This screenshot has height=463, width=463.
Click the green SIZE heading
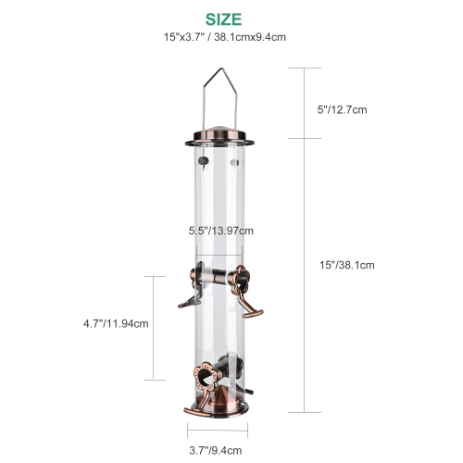(x=219, y=18)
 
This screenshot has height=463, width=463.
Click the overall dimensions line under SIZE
(x=219, y=37)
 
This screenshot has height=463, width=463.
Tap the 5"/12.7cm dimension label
(x=343, y=109)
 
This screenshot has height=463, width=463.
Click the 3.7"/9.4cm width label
(x=218, y=451)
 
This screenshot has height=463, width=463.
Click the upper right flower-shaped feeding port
(x=244, y=275)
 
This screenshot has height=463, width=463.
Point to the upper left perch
(x=187, y=296)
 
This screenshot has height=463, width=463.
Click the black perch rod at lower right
(x=245, y=374)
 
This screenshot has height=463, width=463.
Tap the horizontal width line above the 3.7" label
(x=218, y=430)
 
